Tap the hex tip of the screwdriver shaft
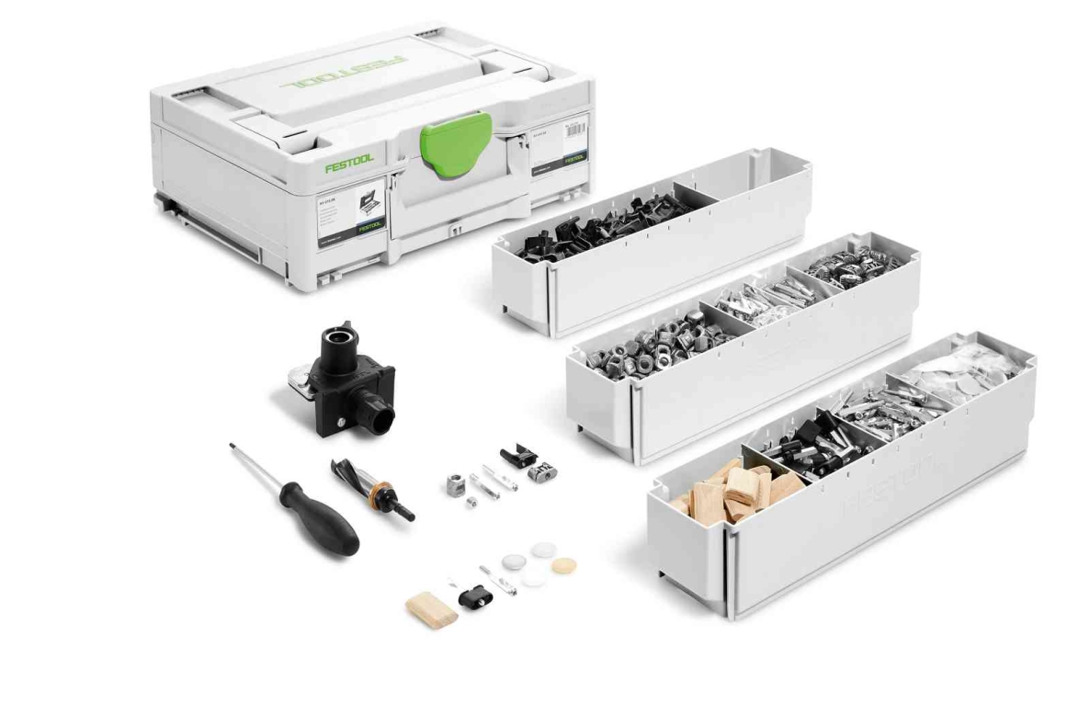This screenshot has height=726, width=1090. pos(233,448)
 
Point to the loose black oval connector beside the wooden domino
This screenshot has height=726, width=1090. pos(475,598)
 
